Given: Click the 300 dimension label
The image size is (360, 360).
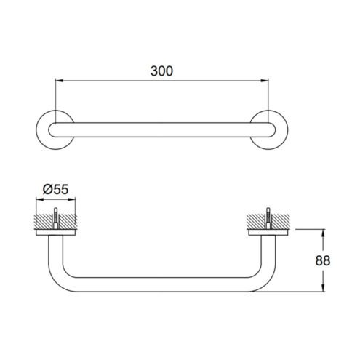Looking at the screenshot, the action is (161, 71).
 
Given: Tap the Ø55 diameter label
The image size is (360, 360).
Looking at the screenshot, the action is (56, 189).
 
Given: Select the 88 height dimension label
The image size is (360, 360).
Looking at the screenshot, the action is (323, 260).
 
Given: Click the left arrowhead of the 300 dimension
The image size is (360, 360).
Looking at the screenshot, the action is (60, 81).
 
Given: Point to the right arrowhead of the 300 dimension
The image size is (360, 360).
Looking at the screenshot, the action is (265, 81).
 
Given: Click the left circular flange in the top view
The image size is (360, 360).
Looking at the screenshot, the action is (38, 129).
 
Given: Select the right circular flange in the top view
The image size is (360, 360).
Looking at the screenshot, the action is (287, 129).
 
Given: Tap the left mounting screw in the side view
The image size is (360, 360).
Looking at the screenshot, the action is (56, 218).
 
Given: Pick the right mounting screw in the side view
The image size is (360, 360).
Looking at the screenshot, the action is (268, 218).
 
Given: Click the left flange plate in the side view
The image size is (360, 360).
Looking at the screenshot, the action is (56, 232).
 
